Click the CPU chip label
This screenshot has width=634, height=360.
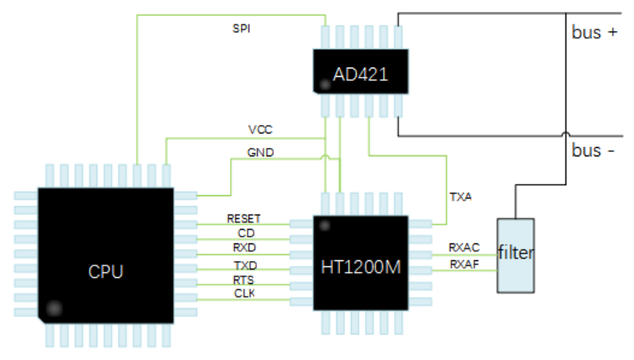click(106, 272)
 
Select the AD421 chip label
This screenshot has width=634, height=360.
click(360, 74)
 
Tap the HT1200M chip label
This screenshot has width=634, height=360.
click(360, 267)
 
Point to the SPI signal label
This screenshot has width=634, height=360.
click(241, 28)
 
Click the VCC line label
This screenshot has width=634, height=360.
click(260, 129)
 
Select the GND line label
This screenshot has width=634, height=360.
click(260, 153)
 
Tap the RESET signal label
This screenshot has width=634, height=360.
click(243, 218)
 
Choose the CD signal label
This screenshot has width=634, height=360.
click(245, 232)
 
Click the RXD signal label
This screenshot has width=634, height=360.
click(245, 248)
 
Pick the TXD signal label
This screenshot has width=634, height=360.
click(245, 265)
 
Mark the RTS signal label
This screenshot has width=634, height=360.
click(244, 280)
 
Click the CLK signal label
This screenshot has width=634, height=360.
click(245, 293)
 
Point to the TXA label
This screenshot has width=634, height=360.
click(461, 196)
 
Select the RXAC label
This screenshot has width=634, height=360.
click(464, 248)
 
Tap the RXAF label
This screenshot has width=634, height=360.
click(464, 265)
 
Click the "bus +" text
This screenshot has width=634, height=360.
click(593, 33)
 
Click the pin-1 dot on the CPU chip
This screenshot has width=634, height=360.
click(55, 308)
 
